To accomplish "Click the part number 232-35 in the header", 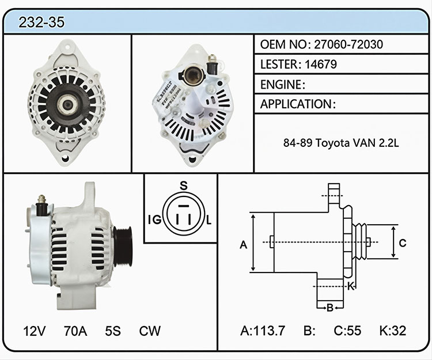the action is click(x=41, y=22).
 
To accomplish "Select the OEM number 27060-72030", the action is click(x=348, y=44).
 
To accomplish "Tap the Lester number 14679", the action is click(x=321, y=64).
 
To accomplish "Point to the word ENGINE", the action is click(x=281, y=85).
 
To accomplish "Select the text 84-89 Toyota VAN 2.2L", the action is click(x=341, y=143).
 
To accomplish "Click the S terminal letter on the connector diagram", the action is click(x=184, y=186).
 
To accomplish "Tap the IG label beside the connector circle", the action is click(x=154, y=219).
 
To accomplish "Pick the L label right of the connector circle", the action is click(x=209, y=220).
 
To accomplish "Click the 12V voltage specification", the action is click(x=35, y=331).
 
